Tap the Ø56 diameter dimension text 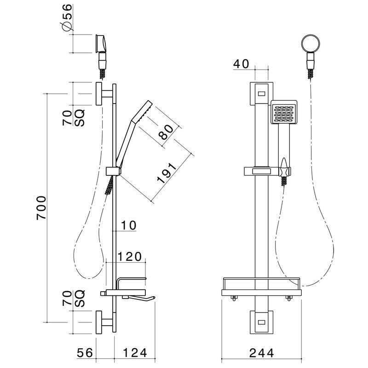67,18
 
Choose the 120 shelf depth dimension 129,257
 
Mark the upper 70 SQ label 73,119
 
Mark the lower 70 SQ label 73,299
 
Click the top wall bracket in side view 100,94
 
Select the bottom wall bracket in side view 100,322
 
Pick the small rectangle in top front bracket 261,94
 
